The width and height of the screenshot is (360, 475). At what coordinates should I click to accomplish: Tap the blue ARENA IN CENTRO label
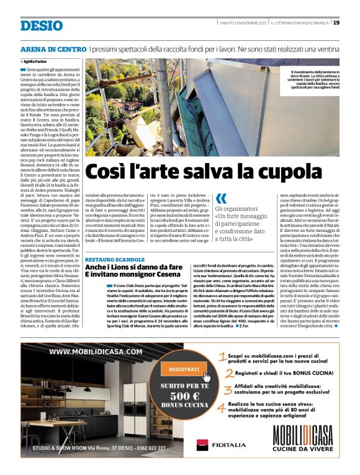53,48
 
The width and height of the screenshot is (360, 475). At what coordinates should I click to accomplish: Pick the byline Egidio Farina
36,63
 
